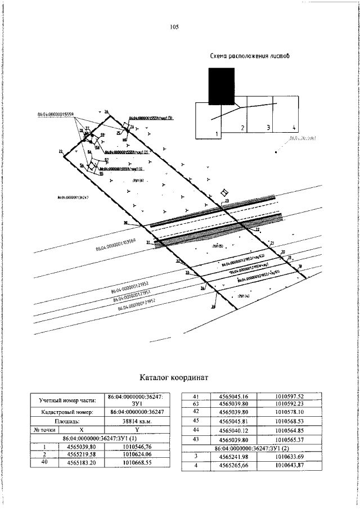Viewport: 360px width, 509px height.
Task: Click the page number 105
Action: (173, 26)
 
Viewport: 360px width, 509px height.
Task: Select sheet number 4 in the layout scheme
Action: (294, 128)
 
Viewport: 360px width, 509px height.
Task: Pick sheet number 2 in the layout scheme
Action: (242, 128)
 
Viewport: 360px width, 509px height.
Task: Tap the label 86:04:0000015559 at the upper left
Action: (56, 114)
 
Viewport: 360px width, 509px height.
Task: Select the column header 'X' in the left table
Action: (81, 429)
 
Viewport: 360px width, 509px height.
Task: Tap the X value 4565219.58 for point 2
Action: (81, 453)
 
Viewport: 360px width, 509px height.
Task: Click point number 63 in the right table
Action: (196, 404)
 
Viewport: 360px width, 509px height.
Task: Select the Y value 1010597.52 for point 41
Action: (289, 396)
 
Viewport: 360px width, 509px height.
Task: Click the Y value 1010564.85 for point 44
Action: (289, 430)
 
